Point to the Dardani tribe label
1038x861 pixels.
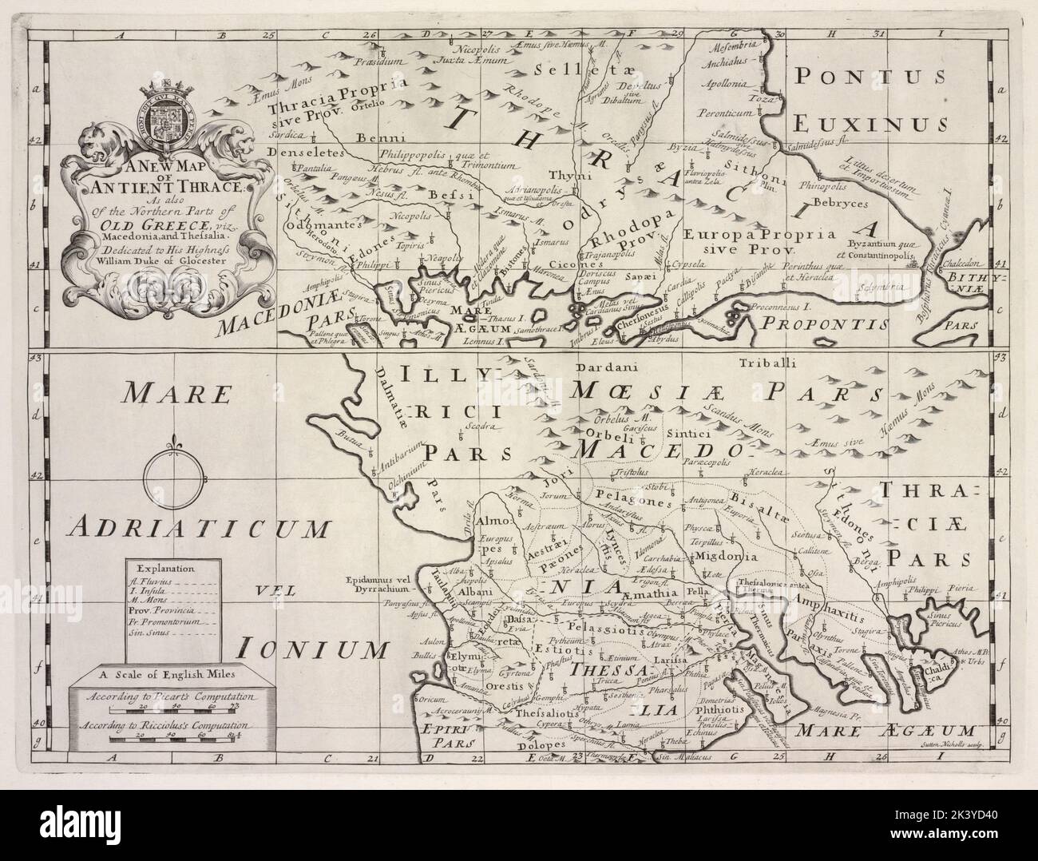point(600,368)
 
